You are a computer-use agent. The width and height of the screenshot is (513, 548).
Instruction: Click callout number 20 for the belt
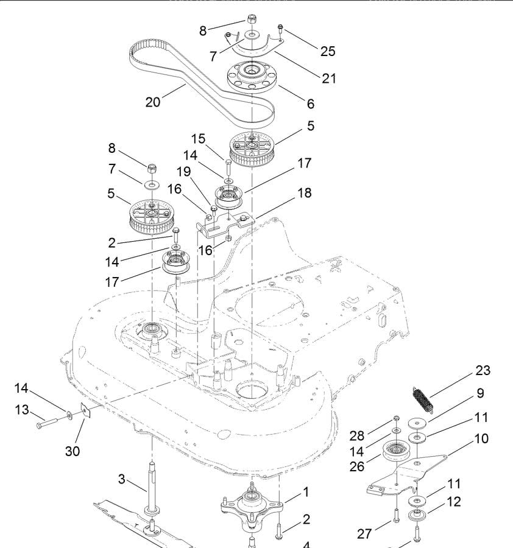click(x=153, y=102)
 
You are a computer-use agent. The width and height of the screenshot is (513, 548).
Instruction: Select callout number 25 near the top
click(x=328, y=51)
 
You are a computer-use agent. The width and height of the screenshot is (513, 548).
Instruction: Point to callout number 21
click(x=328, y=79)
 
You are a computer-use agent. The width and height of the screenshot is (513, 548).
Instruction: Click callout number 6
click(x=310, y=104)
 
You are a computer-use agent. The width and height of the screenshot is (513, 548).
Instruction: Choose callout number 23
click(x=483, y=371)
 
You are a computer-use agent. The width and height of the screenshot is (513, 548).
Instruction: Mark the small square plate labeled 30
click(x=86, y=412)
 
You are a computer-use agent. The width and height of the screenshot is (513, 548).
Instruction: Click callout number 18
click(x=304, y=193)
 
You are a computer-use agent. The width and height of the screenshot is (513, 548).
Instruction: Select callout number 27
click(x=365, y=534)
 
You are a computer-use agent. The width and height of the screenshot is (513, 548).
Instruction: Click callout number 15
click(x=198, y=139)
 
